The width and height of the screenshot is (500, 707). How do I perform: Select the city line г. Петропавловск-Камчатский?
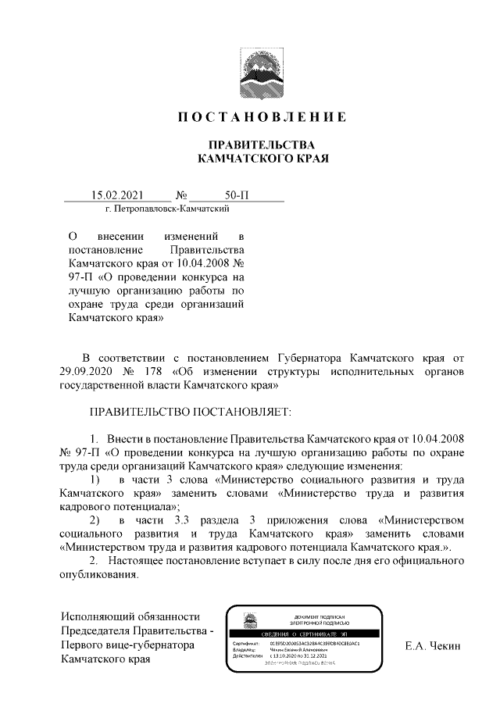(x=160, y=209)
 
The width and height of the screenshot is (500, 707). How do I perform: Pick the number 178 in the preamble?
(x=155, y=371)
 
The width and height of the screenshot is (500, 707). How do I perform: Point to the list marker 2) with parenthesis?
(x=95, y=520)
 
